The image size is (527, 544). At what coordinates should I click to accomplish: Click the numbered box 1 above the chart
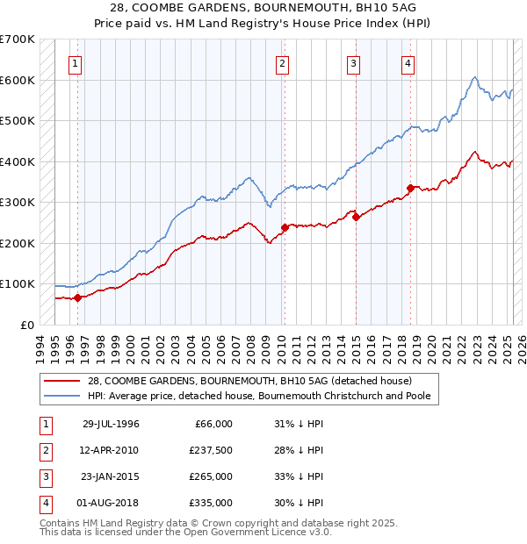76,62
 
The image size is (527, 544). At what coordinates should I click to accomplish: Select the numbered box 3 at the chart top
352,62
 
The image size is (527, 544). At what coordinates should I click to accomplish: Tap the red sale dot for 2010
284,228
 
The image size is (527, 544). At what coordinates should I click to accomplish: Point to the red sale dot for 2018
410,188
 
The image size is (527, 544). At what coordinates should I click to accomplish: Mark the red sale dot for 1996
77,297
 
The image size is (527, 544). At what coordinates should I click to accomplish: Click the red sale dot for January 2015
356,217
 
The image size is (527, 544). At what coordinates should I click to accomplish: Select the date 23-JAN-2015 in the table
110,476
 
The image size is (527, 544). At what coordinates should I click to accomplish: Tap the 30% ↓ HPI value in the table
299,503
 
